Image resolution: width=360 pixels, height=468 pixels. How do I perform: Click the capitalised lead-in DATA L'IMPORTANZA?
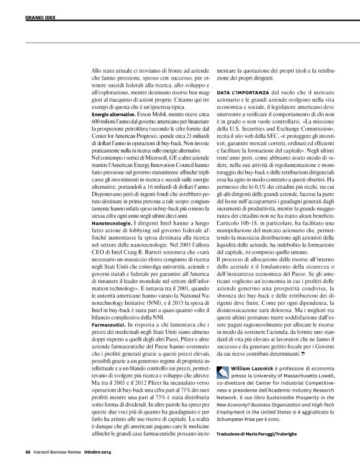[243, 91]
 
